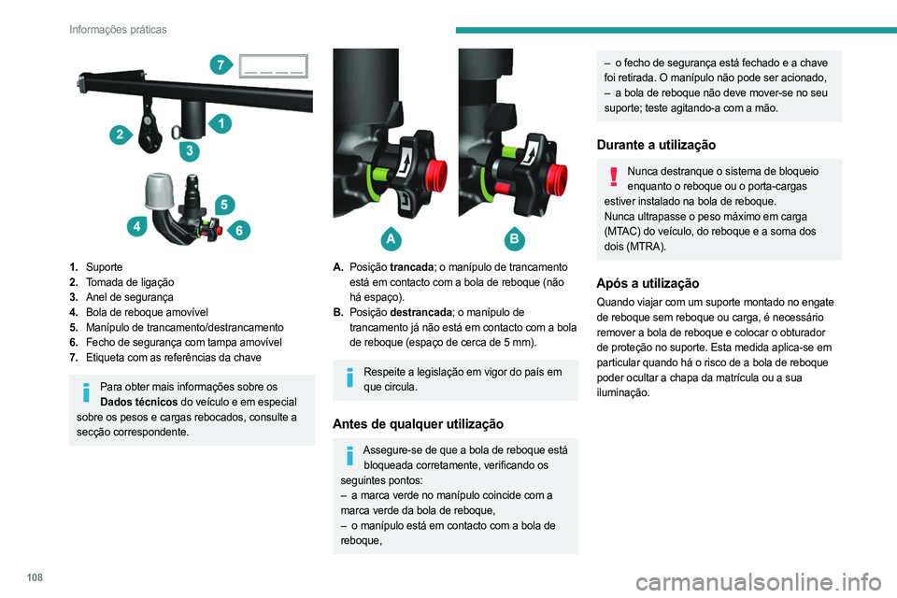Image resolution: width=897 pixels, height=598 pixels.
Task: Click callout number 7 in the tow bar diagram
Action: click(221, 64)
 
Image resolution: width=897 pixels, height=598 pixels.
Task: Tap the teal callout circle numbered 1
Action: click(221, 122)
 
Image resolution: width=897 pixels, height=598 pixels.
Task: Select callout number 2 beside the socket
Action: click(121, 135)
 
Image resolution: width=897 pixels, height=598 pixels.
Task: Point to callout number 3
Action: click(189, 150)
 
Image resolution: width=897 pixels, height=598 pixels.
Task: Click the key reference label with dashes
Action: click(273, 65)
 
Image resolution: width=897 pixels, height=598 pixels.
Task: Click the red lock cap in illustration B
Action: click(558, 174)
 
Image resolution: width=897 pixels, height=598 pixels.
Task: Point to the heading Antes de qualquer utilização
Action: click(418, 423)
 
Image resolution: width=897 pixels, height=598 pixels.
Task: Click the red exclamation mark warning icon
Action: click(614, 178)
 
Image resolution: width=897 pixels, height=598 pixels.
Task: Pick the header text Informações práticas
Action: click(118, 30)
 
